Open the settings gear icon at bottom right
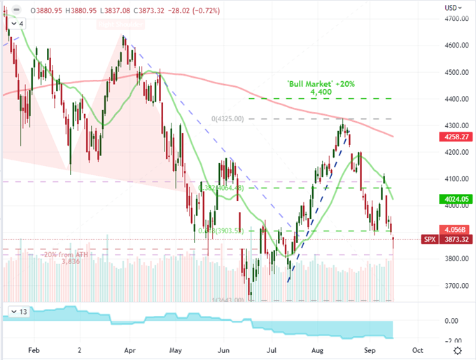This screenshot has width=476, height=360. [x=458, y=349]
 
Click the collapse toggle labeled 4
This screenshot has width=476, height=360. [x=18, y=23]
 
